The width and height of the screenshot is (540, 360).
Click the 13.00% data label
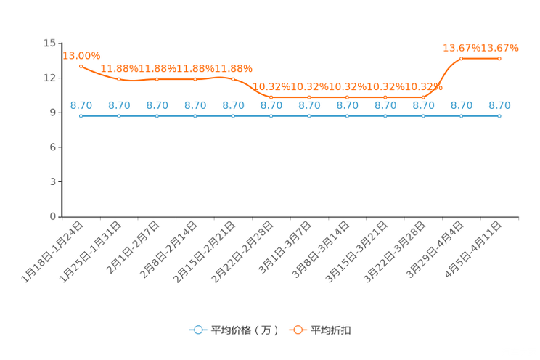coord(81,56)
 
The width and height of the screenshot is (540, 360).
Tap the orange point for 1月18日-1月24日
coord(81,66)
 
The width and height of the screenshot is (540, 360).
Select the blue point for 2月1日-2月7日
coord(157,116)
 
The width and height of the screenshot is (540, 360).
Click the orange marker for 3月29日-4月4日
coord(462,59)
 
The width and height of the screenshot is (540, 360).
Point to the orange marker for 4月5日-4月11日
coord(499,59)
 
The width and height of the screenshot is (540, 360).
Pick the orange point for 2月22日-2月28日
coord(271,97)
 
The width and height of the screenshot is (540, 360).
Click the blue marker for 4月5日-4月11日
coord(499,116)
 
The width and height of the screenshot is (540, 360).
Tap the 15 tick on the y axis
coord(49,43)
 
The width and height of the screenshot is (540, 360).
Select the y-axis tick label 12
coord(49,78)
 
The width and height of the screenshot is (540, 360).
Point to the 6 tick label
coord(53,147)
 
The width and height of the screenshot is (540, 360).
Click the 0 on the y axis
coord(53,216)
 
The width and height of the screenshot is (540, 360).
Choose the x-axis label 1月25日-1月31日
coord(91,252)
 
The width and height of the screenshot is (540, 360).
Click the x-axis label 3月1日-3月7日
coord(285,247)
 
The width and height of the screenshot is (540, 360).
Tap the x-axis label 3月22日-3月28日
coord(395,252)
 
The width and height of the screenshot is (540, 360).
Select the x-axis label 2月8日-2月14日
coord(168,250)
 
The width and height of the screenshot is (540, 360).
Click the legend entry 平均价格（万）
coord(234,330)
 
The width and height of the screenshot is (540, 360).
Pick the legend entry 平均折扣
coord(320,330)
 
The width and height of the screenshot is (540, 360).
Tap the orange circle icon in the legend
coord(298,330)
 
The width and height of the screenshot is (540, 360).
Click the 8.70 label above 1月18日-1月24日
coord(81,105)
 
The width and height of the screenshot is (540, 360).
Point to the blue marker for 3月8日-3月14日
coord(347,116)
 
